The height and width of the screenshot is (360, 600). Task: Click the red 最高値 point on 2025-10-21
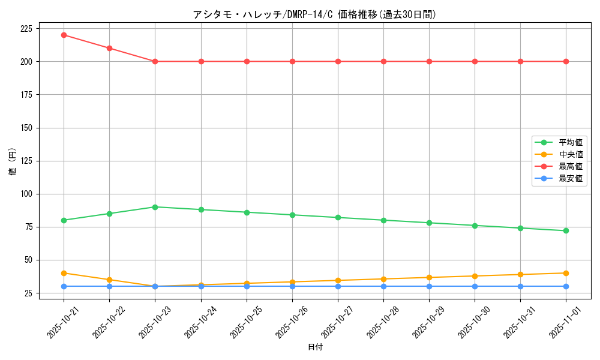64,35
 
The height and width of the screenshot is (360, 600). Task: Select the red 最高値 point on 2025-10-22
109,48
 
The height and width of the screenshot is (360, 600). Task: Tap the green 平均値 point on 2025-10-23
155,207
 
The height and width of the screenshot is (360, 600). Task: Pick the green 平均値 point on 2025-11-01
566,230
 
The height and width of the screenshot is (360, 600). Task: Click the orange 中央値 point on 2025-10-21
64,273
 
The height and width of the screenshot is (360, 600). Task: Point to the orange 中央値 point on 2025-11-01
566,273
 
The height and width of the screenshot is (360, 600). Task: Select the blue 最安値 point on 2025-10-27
338,286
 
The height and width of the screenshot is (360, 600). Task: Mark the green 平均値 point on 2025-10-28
383,220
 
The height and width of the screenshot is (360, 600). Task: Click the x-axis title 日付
315,347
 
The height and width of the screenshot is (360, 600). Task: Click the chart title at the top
315,14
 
